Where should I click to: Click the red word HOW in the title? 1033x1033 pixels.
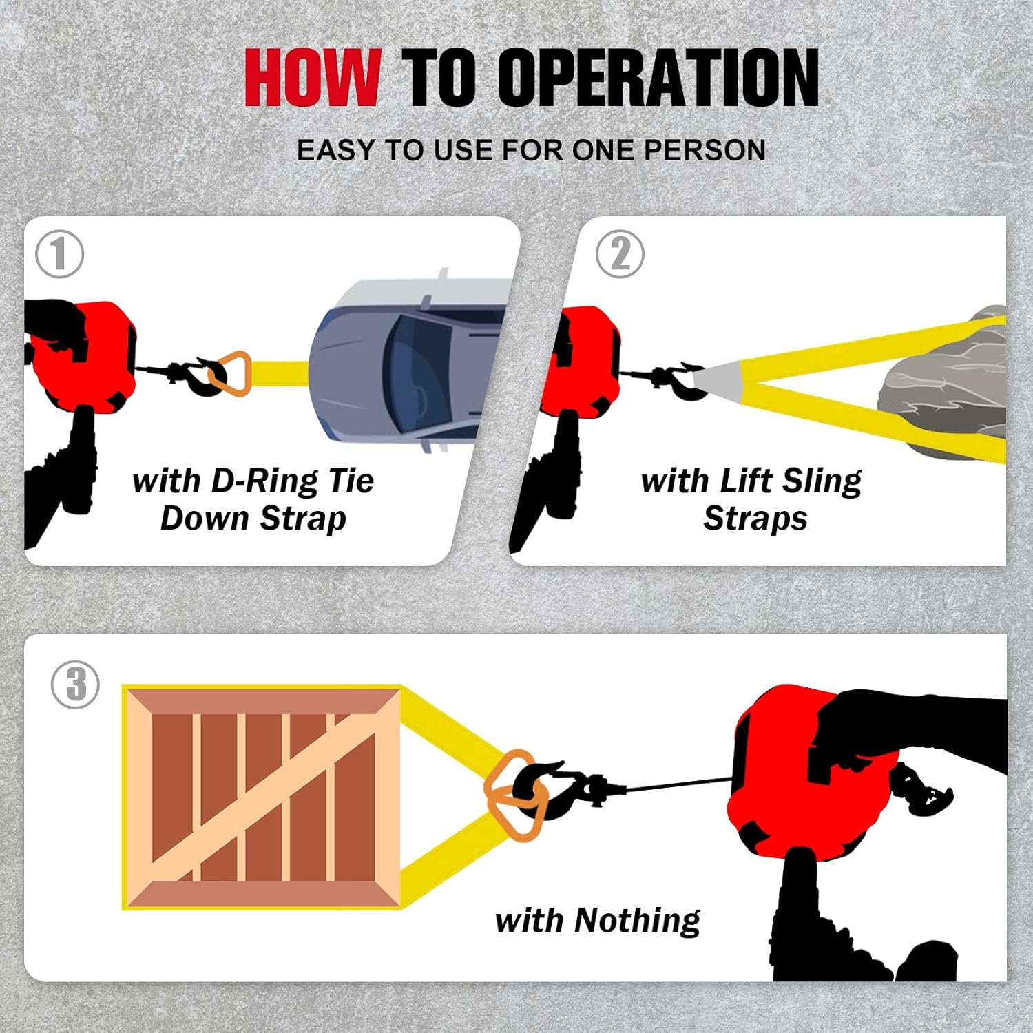[x=312, y=77]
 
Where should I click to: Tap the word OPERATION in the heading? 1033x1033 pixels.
[x=658, y=77]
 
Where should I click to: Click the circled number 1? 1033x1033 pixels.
[x=60, y=254]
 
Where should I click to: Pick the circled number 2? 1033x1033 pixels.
[x=620, y=254]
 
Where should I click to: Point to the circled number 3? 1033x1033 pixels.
[x=76, y=685]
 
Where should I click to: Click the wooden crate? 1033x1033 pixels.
[x=262, y=797]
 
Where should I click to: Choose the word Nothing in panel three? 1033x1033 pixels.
[x=637, y=921]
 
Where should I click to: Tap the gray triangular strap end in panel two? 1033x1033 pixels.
[x=720, y=380]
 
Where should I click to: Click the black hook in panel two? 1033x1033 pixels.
[x=682, y=380]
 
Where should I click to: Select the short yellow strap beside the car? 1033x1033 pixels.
[x=280, y=374]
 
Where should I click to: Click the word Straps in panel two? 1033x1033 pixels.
[x=755, y=519]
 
